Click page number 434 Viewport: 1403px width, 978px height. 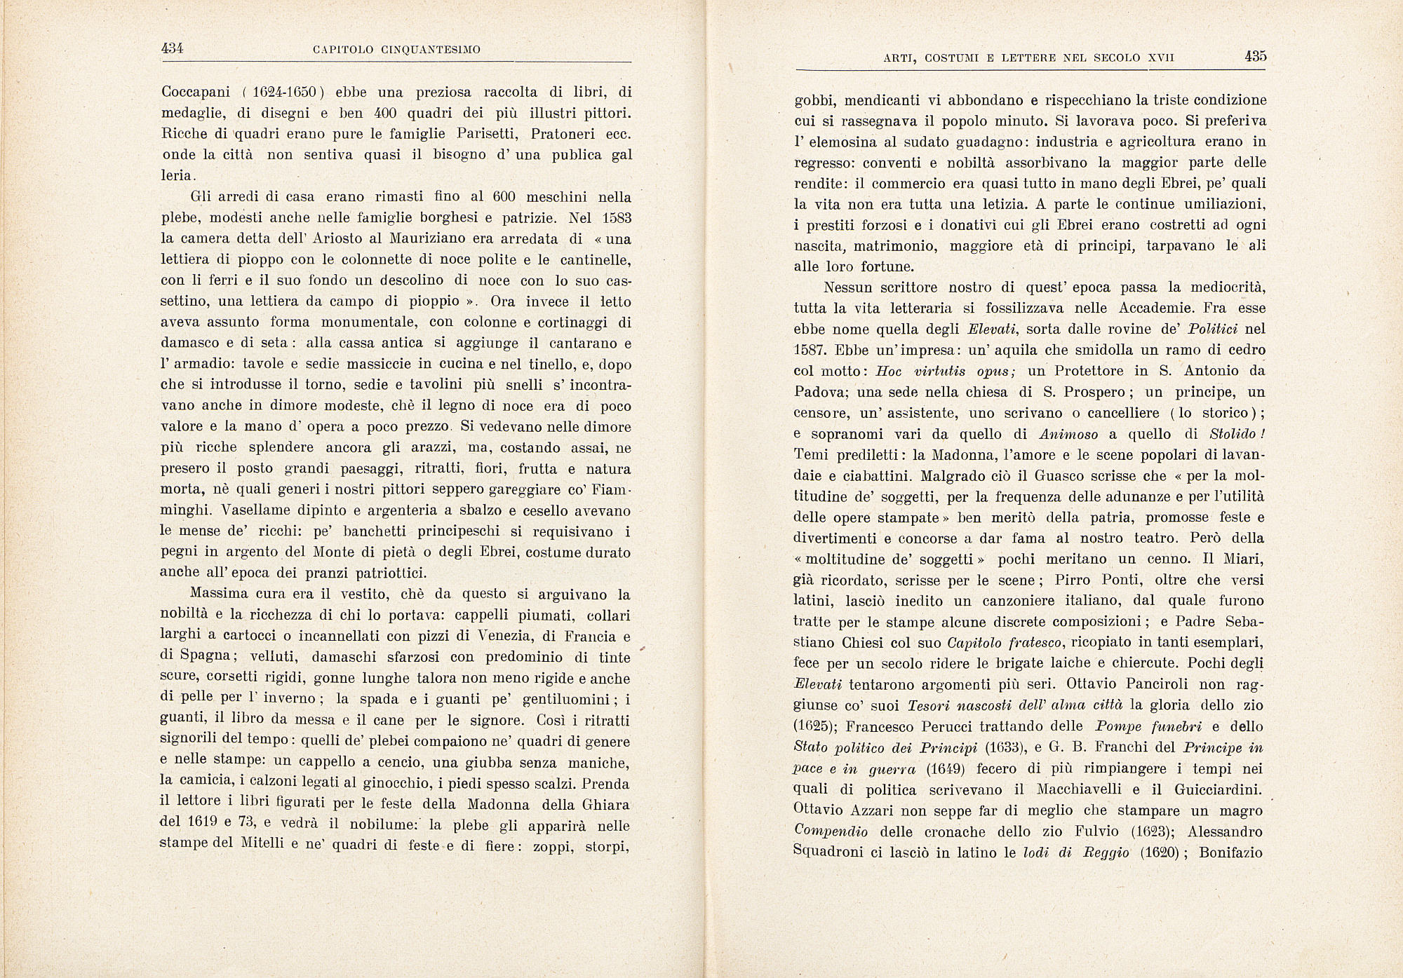pos(172,48)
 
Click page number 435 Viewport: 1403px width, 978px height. pos(1256,57)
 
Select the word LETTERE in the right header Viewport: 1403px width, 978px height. pos(1028,58)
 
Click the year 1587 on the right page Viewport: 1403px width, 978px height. pos(812,350)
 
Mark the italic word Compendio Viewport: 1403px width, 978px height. pos(831,831)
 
